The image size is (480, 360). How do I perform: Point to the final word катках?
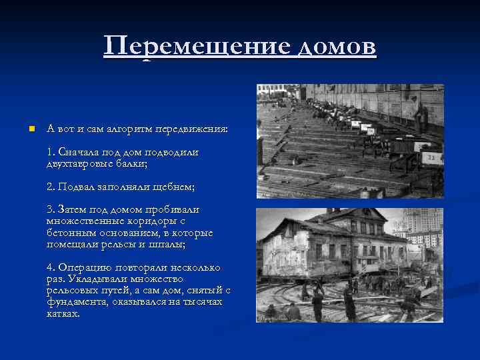click(x=63, y=313)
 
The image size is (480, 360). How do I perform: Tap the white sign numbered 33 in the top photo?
click(x=431, y=158)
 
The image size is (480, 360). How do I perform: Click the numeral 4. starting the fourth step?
click(x=51, y=267)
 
